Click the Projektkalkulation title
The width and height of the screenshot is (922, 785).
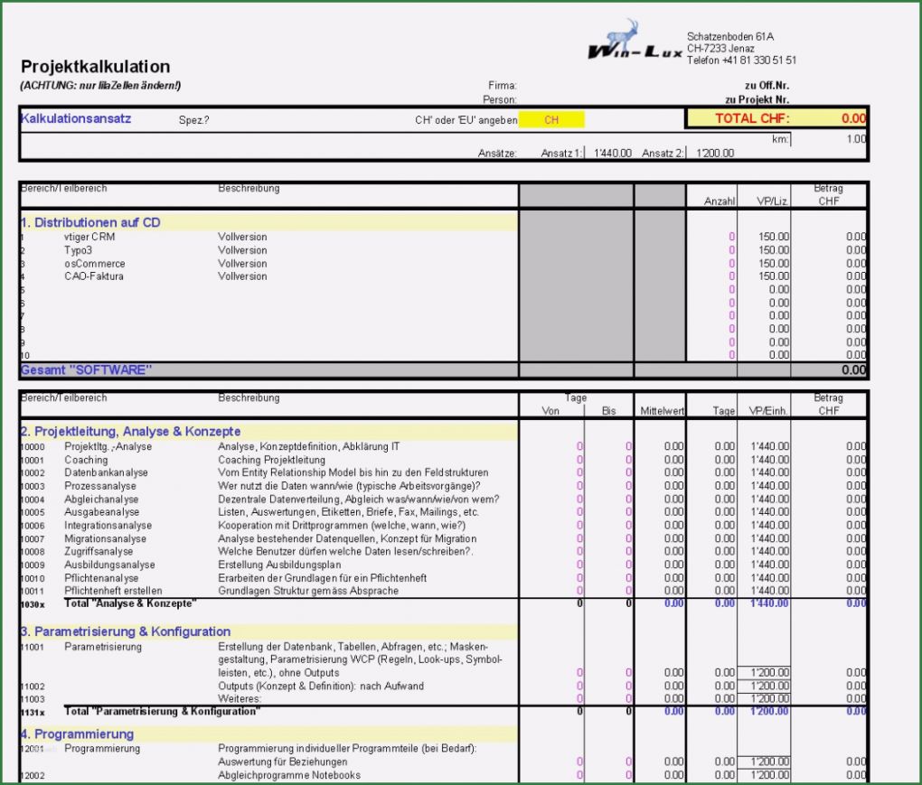tap(95, 67)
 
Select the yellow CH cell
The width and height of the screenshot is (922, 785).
tap(551, 119)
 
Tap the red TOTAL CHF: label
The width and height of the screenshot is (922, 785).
tap(752, 118)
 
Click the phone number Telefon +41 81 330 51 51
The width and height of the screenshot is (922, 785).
tap(741, 61)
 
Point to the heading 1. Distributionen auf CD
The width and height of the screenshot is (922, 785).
tap(90, 222)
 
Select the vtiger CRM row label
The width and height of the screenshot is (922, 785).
tap(89, 237)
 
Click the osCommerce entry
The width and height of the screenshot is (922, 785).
tap(94, 264)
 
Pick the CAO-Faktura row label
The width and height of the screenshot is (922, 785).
tap(93, 276)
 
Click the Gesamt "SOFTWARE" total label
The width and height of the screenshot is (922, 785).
tap(86, 369)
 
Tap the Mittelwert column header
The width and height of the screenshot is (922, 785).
tap(661, 411)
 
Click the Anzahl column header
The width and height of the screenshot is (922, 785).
tap(720, 201)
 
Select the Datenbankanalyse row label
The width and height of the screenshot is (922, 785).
tap(106, 472)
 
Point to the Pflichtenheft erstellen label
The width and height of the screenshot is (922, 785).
tap(113, 591)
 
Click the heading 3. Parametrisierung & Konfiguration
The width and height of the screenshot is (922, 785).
tap(126, 631)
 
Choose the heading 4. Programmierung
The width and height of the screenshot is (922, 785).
tap(77, 734)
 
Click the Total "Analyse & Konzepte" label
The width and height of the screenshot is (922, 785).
tap(130, 603)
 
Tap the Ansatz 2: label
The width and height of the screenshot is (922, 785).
tap(663, 154)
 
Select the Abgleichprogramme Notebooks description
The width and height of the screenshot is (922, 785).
tap(289, 775)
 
